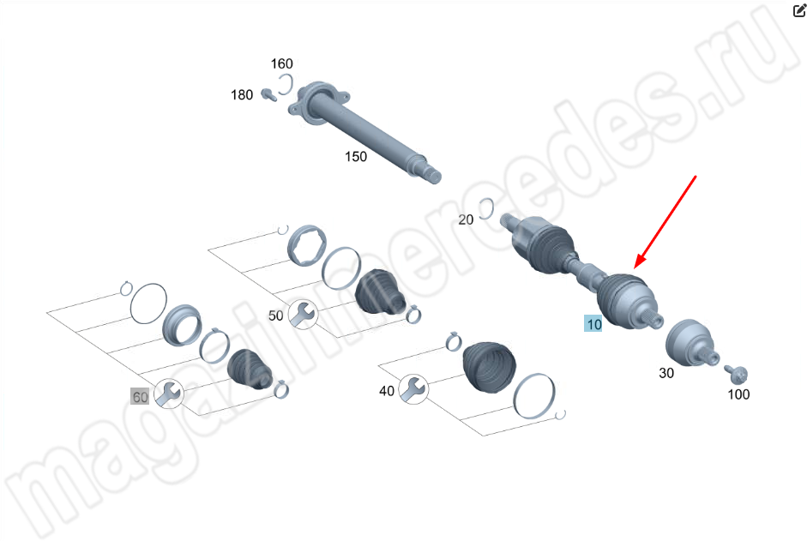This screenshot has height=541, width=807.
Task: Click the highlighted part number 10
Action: click(x=593, y=324)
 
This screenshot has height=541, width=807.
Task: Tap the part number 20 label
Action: click(x=466, y=219)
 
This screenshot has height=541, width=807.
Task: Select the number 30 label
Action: click(x=666, y=373)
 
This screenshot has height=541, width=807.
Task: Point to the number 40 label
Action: click(x=387, y=391)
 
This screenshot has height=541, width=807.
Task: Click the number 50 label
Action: click(x=276, y=316)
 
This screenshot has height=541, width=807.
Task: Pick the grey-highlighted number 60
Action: click(x=140, y=397)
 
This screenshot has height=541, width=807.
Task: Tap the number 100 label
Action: click(x=738, y=394)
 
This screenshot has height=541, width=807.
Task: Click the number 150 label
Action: click(x=356, y=157)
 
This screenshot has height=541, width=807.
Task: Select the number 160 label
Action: click(x=281, y=63)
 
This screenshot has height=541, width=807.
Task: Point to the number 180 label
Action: click(x=242, y=95)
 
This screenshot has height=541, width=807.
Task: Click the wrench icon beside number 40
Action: click(x=413, y=389)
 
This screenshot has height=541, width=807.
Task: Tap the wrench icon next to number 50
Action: click(x=303, y=315)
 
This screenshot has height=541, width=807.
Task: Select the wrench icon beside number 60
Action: click(x=169, y=394)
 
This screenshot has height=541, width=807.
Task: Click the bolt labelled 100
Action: click(x=737, y=374)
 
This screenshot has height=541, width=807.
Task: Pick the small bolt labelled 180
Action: click(x=268, y=94)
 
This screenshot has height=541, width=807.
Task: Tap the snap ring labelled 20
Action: click(x=491, y=207)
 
